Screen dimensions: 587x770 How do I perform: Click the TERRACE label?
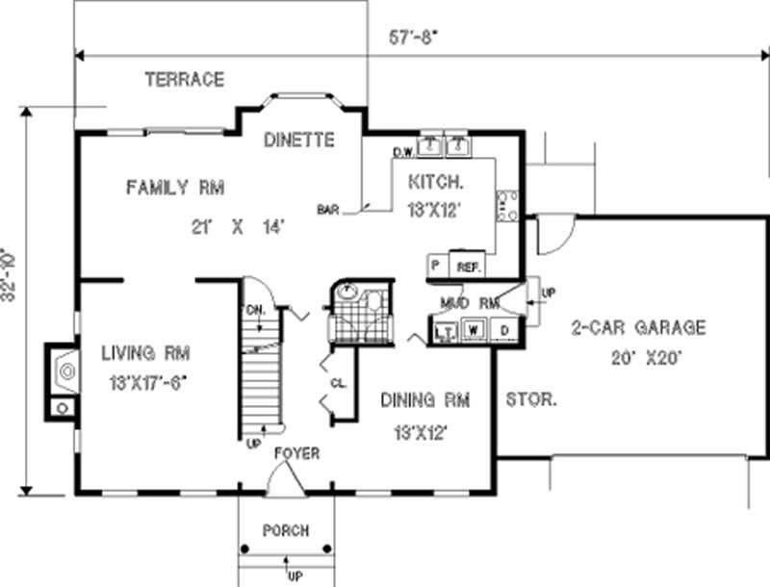tap(184, 79)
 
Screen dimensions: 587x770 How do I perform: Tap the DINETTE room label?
tap(299, 140)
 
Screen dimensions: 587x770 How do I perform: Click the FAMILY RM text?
tap(174, 187)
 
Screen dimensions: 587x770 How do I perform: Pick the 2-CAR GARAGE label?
tap(637, 328)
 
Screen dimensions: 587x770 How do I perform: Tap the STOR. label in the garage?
tap(530, 397)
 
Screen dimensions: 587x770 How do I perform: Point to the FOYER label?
tap(296, 453)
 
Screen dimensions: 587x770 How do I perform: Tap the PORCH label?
tap(286, 530)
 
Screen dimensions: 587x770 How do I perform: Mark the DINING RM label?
tap(424, 399)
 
